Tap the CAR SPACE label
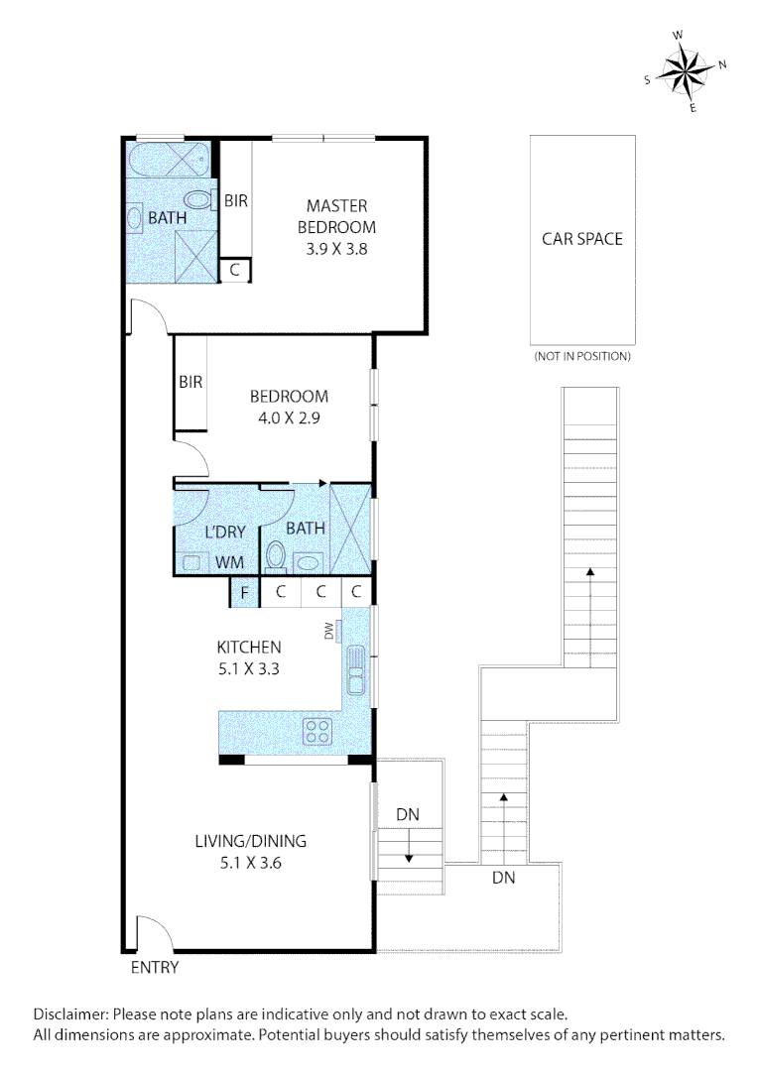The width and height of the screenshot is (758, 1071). click(x=581, y=239)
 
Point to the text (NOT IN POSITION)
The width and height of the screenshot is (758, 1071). click(x=581, y=356)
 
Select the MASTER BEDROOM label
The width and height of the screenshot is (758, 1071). click(x=336, y=216)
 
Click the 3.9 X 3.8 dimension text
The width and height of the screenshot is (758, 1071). click(x=336, y=250)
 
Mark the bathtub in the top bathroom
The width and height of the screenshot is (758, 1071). click(x=168, y=159)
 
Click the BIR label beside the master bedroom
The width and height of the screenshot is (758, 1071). click(x=236, y=200)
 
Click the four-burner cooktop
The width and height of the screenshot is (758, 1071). click(x=317, y=732)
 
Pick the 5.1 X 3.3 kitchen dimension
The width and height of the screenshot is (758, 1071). click(x=248, y=668)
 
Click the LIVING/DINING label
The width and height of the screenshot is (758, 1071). click(x=250, y=841)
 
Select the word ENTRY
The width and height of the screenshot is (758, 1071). click(x=155, y=968)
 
